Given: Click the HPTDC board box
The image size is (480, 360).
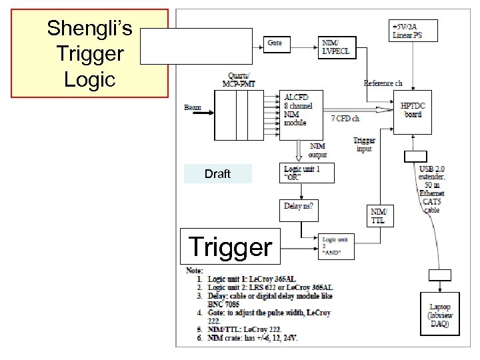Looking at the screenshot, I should (x=413, y=110).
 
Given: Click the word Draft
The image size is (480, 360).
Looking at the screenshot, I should (x=217, y=174).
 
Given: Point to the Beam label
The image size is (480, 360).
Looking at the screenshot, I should (x=193, y=107).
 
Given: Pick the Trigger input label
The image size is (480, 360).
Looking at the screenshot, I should (x=364, y=144).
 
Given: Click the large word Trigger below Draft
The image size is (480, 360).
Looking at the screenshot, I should (x=231, y=247).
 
